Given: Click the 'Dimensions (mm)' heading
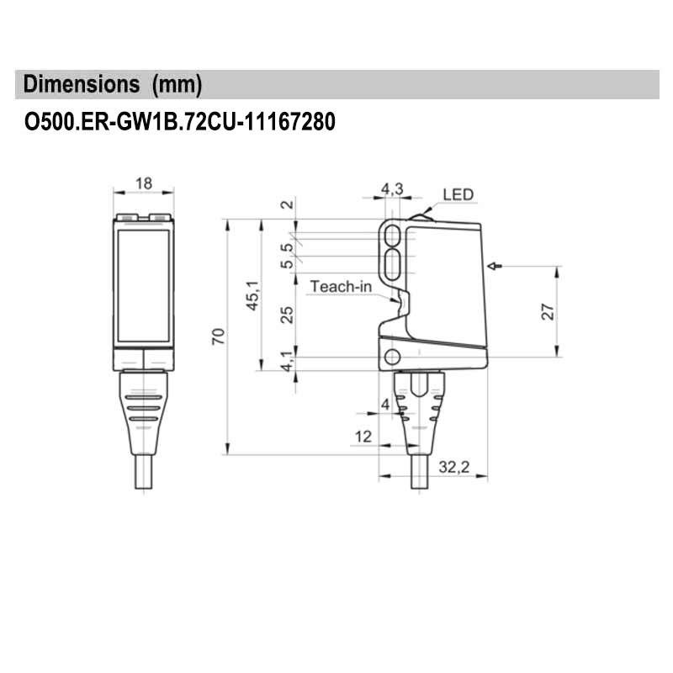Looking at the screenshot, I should tap(114, 85).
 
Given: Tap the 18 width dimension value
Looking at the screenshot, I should tap(143, 183).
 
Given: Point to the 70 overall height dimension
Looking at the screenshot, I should tap(218, 337).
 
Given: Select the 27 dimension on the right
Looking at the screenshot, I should tap(546, 310).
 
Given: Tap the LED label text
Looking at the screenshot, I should tap(459, 194).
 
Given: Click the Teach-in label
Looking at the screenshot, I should tap(341, 286).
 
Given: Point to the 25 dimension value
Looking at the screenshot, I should tap(287, 315).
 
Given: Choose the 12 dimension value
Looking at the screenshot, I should tap(363, 436).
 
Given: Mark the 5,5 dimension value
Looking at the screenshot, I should tap(287, 256).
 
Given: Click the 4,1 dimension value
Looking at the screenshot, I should tap(287, 362).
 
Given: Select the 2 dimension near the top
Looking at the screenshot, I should tap(286, 204).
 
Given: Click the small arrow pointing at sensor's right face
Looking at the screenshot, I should tap(494, 267).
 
